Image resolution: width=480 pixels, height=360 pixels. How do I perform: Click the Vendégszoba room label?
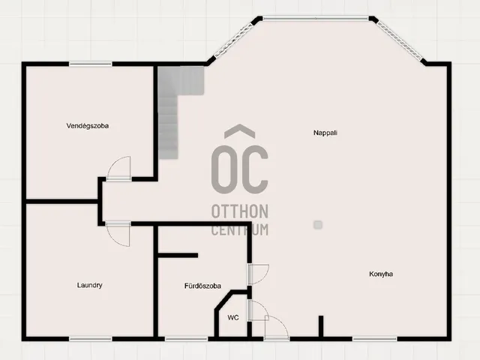tap(88, 126)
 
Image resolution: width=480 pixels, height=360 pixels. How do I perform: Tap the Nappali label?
tap(325, 133)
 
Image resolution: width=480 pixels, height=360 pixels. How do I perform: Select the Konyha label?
tap(381, 274)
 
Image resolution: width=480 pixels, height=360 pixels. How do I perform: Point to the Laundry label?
tap(89, 285)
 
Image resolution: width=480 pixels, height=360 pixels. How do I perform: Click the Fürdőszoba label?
tap(202, 286)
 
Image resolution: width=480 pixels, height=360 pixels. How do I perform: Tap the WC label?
tap(233, 318)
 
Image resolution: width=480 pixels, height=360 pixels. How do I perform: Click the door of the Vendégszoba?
tap(118, 168)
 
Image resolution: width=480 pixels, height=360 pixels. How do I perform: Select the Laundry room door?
tap(118, 234)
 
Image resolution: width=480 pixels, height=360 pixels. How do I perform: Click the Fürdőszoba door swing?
tap(259, 274)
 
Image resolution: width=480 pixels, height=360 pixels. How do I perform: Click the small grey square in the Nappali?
tap(318, 225)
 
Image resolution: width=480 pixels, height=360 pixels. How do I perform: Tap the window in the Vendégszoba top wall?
tap(91, 64)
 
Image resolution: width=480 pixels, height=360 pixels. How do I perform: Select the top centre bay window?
tap(316, 19)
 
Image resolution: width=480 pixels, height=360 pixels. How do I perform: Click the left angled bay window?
tap(234, 40)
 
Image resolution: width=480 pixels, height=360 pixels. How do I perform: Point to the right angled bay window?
tap(400, 40)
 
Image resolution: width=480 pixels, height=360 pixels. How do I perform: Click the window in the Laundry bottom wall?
tap(91, 339)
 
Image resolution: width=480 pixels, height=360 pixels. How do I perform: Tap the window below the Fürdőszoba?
tap(187, 339)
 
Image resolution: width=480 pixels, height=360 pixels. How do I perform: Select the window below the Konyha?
tap(375, 339)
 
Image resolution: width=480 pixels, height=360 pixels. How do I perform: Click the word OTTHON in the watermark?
tap(240, 211)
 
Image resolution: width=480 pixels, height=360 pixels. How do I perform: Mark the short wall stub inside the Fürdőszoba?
tap(178, 255)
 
